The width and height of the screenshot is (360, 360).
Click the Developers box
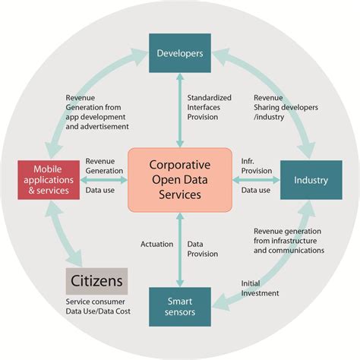[x=179, y=53]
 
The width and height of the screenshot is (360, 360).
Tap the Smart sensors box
[x=179, y=306]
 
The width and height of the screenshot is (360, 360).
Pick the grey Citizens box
[x=96, y=281]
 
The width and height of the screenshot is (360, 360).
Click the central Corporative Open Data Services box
[x=179, y=180]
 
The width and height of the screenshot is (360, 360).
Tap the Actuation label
[x=156, y=244]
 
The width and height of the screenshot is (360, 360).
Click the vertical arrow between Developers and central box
[x=179, y=109]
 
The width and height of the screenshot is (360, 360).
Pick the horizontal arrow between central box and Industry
[x=255, y=180]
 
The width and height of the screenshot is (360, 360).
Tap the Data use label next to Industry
[x=255, y=190]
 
